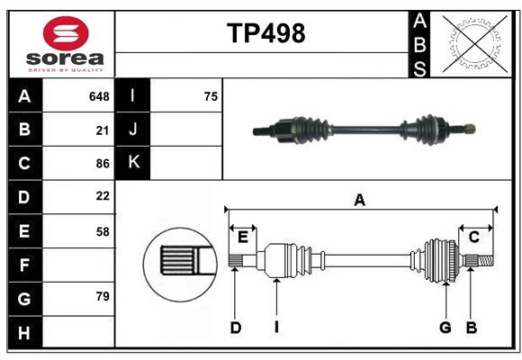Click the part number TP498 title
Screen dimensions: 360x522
(x=265, y=33)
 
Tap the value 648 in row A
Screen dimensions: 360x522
(x=99, y=95)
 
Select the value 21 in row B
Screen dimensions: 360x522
(x=103, y=130)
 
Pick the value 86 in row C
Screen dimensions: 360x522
(x=102, y=164)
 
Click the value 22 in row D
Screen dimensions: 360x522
(x=102, y=196)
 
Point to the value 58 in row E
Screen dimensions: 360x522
(x=102, y=231)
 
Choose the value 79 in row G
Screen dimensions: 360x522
(x=102, y=296)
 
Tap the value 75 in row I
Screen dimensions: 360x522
(x=211, y=95)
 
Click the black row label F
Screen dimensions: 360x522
(x=24, y=265)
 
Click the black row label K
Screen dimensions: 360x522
(x=133, y=163)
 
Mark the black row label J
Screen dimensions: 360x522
(x=133, y=130)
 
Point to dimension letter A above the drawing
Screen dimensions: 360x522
(x=359, y=201)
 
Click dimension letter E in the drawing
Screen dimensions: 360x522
(x=243, y=237)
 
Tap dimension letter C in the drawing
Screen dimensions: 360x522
(x=473, y=237)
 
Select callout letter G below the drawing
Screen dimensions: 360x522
(x=445, y=328)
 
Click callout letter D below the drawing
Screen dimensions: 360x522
(x=235, y=328)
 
